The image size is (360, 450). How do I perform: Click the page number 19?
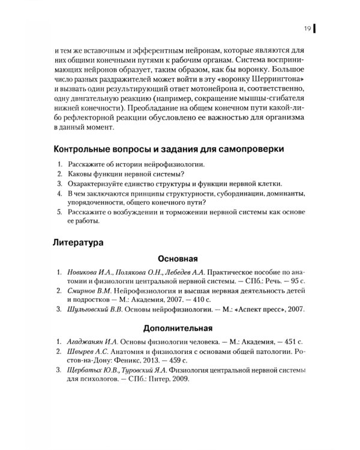click(306, 29)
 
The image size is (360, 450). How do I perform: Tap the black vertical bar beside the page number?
click(315, 29)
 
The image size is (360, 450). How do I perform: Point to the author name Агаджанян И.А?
click(92, 341)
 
